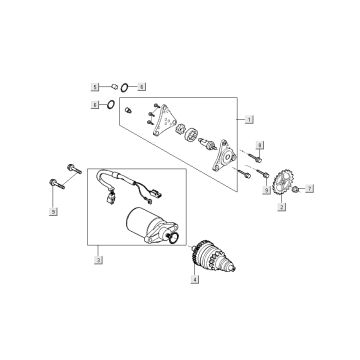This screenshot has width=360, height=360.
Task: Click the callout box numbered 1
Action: click(246, 119)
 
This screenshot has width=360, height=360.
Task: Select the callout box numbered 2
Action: click(282, 207)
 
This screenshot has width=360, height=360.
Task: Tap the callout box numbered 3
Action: click(98, 261)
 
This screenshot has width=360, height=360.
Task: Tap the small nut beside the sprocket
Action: click(296, 188)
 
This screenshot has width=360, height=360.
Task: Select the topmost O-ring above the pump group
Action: click(130, 86)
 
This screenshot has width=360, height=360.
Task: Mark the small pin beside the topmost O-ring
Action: click(113, 86)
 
